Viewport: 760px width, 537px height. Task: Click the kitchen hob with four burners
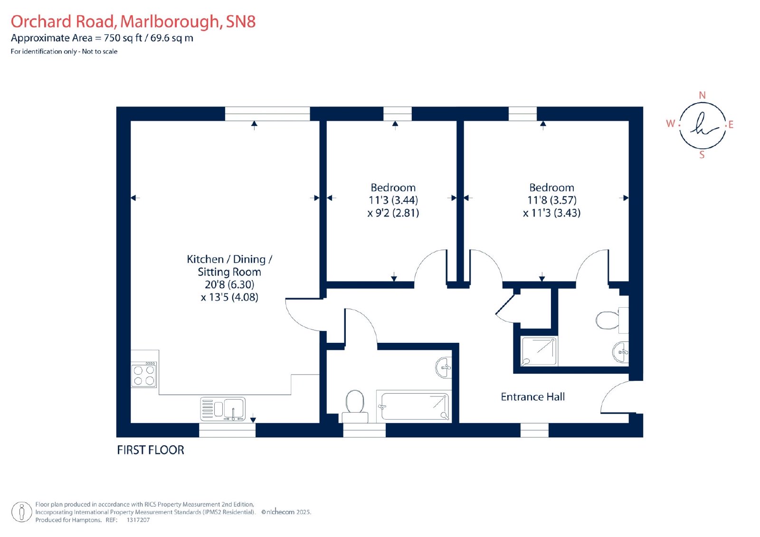(x=144, y=375)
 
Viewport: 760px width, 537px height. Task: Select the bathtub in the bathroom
(x=414, y=406)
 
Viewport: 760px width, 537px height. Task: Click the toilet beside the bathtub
(x=355, y=406)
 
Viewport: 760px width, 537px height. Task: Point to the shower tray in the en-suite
(x=539, y=351)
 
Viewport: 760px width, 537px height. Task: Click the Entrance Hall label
(x=532, y=396)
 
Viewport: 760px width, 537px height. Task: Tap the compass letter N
(x=703, y=95)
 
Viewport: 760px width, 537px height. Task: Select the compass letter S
(x=702, y=155)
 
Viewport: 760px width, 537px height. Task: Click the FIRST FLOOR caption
(x=150, y=450)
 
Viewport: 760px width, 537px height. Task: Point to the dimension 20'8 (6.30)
(x=229, y=284)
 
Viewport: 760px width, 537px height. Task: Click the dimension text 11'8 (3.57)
(x=552, y=200)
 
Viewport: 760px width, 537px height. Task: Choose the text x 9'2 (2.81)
(x=393, y=213)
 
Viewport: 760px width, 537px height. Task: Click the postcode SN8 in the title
(x=240, y=21)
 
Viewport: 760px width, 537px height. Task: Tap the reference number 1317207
(x=138, y=520)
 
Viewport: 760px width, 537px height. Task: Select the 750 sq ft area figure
(x=123, y=38)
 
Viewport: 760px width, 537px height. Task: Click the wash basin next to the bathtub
(x=444, y=367)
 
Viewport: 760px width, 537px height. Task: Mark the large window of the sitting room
(x=267, y=113)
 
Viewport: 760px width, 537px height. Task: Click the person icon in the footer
(x=22, y=512)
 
